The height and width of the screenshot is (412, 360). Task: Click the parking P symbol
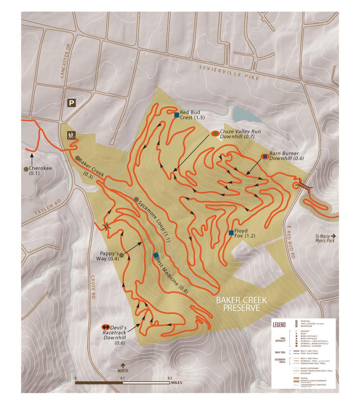click(x=71, y=103)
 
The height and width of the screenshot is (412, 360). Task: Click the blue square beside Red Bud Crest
click(x=176, y=115)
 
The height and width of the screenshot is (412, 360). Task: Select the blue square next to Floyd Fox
click(x=231, y=233)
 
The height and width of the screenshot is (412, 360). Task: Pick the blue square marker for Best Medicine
click(x=156, y=255)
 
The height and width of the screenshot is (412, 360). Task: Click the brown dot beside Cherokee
click(x=26, y=169)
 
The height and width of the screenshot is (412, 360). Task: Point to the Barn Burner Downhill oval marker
click(x=265, y=157)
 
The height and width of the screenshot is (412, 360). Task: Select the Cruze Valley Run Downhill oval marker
click(x=215, y=133)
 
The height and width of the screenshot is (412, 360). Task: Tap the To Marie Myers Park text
click(x=325, y=238)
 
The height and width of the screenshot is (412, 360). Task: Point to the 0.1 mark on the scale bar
click(x=122, y=378)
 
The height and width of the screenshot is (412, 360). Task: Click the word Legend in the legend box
click(x=279, y=324)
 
